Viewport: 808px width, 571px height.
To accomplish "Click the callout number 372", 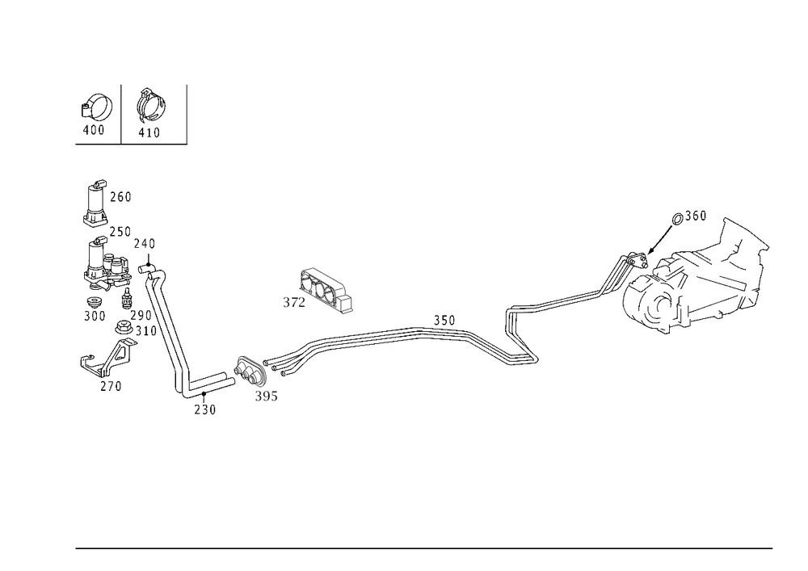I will click(x=289, y=303).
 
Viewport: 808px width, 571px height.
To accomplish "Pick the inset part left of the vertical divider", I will click(x=97, y=111).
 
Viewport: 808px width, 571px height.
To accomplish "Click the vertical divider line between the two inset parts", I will click(x=122, y=113).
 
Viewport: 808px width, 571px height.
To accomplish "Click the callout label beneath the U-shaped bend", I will click(x=205, y=412).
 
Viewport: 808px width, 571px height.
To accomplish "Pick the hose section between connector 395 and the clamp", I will click(x=347, y=339).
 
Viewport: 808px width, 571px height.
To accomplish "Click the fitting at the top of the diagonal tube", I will click(x=153, y=271).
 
